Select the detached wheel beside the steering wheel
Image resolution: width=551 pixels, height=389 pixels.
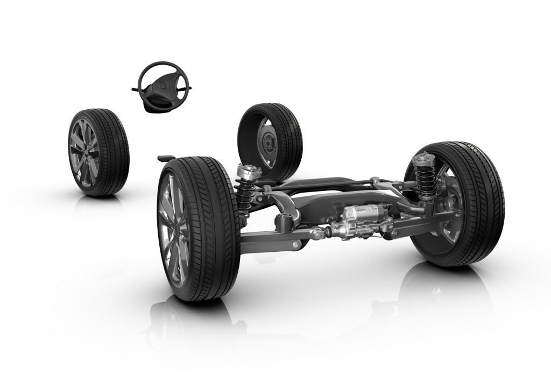(98, 152)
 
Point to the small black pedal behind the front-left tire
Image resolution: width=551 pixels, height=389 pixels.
(164, 158)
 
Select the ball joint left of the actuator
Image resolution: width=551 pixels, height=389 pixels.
(321, 233)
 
